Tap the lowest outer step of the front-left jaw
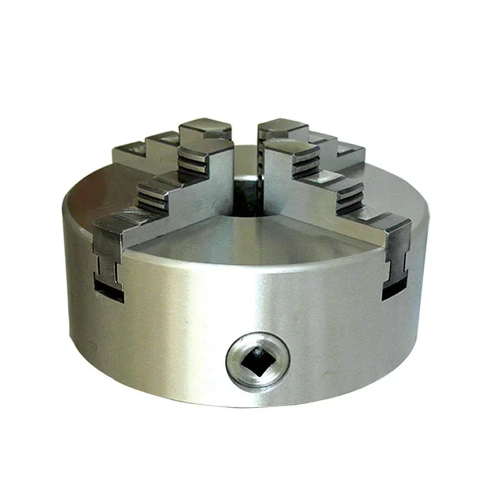(x=117, y=223)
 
